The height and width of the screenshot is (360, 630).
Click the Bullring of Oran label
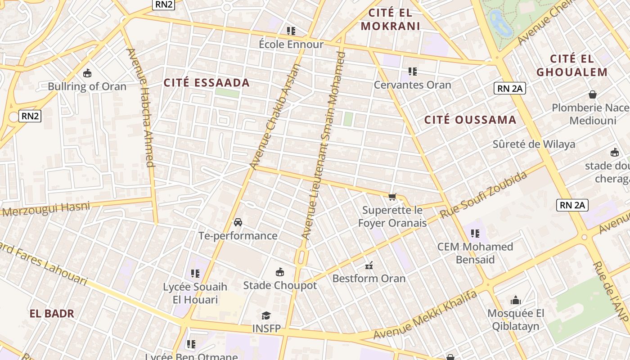coord(87,86)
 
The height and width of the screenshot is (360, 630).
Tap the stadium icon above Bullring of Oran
coord(87,73)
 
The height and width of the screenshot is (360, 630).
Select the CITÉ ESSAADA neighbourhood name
coord(207,83)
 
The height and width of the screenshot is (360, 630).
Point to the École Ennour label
coord(291,44)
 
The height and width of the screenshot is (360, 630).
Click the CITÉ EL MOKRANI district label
coord(391,19)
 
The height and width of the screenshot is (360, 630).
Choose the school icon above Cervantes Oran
coord(413,71)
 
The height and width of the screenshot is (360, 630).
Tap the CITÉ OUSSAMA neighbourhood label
coord(470,120)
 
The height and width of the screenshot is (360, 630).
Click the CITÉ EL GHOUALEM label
coord(572,65)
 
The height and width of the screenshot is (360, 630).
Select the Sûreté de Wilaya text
coord(534,144)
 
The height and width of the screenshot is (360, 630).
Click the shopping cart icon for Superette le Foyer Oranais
coord(392,197)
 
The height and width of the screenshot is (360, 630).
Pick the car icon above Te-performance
coord(238,222)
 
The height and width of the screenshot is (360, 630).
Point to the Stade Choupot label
coord(280,285)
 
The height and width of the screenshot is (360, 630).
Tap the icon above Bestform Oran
coord(369,265)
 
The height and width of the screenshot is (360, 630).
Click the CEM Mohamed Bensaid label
coord(475,253)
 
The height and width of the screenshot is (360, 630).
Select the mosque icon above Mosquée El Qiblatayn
coord(516,300)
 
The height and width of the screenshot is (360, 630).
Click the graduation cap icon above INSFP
coord(266,315)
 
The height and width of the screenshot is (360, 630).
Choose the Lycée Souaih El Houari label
coord(195,293)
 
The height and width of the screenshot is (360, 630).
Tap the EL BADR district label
coord(52,314)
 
